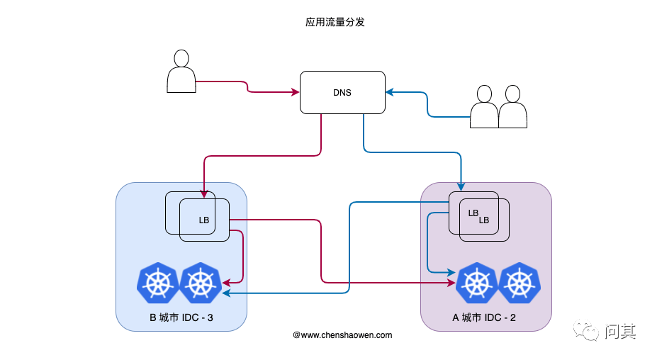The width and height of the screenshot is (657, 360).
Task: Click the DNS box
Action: click(x=342, y=92)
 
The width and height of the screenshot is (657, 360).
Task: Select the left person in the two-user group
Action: click(x=485, y=107)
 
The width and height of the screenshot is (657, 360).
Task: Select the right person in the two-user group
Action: click(x=512, y=107)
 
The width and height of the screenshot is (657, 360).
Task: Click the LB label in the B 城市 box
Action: click(x=204, y=220)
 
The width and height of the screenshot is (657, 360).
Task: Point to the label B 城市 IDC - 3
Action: click(x=181, y=317)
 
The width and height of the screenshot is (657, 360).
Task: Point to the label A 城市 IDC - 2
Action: click(x=485, y=317)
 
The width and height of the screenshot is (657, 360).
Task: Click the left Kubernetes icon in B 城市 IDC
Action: click(x=158, y=283)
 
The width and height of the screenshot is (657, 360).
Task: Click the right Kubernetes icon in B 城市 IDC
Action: click(x=201, y=283)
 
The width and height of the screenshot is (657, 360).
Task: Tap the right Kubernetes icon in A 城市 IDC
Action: click(x=520, y=283)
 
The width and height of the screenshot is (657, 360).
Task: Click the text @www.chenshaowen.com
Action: click(x=342, y=334)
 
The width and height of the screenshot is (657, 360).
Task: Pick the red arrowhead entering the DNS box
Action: click(x=296, y=92)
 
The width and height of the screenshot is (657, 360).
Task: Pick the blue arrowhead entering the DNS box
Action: click(x=389, y=92)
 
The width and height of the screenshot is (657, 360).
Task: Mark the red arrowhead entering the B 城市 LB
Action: click(x=204, y=194)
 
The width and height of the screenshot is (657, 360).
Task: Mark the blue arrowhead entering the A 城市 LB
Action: click(x=461, y=187)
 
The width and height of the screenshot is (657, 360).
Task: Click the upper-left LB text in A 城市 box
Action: click(x=473, y=213)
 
